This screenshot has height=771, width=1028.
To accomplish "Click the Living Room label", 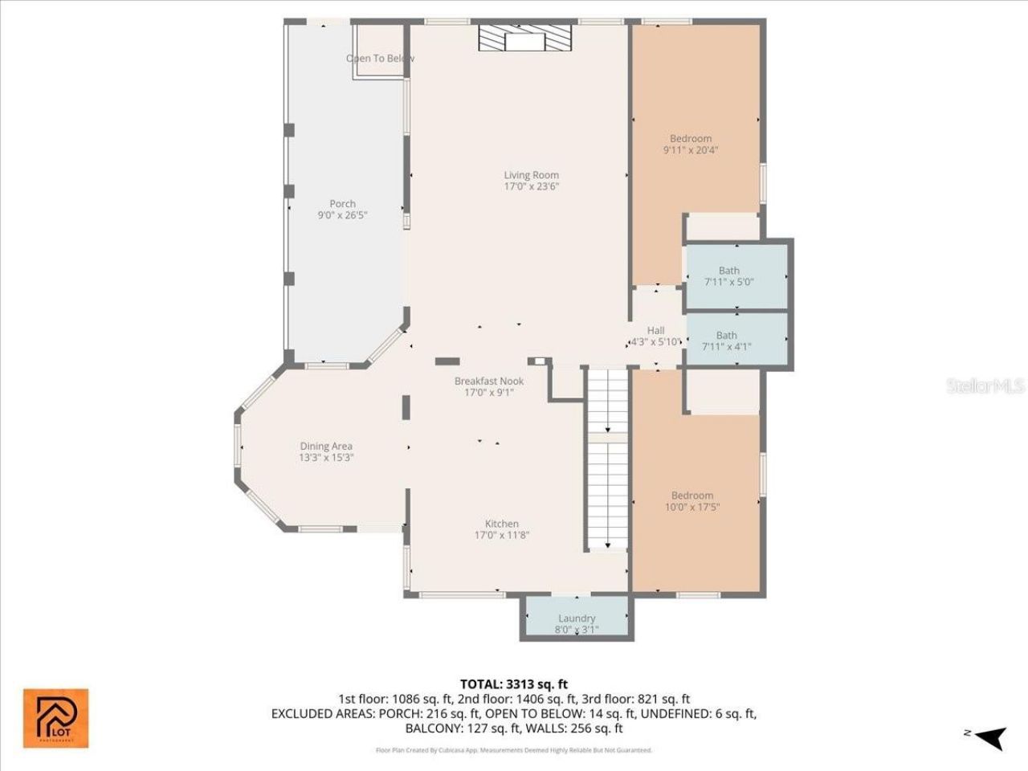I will point(531,175).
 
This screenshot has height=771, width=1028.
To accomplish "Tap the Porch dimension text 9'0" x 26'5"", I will point(343,215).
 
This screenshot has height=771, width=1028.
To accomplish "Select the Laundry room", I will point(576,618).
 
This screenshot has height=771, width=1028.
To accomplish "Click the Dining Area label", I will point(326,447).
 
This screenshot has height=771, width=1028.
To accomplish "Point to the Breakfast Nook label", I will point(488,381).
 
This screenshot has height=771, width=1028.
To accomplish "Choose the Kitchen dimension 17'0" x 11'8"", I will point(502,535).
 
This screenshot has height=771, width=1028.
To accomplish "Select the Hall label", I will point(655,330).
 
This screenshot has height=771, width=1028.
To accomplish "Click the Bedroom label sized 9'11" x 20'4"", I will point(691,139).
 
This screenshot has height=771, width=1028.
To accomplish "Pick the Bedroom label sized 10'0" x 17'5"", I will point(691,496).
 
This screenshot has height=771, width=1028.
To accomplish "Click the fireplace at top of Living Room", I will point(524,38).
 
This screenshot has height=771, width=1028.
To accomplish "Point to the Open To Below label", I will point(379,59).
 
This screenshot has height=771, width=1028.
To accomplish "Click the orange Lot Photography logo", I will point(55,718).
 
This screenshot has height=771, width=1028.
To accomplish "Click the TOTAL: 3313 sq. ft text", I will point(513,684).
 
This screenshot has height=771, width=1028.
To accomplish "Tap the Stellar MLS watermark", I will point(985,386).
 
